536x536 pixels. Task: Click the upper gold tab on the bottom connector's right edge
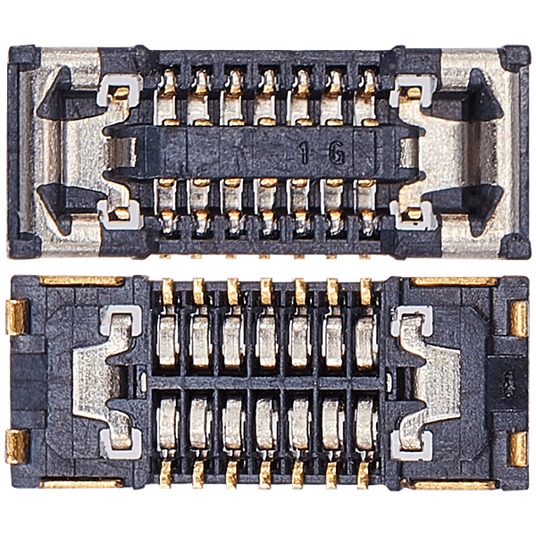point(518,317)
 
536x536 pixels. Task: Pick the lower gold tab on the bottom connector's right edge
point(518,447)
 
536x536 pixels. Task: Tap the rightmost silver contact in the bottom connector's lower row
point(365,420)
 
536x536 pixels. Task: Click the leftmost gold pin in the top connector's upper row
point(167,84)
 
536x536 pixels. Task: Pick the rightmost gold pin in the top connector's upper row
point(366,84)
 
